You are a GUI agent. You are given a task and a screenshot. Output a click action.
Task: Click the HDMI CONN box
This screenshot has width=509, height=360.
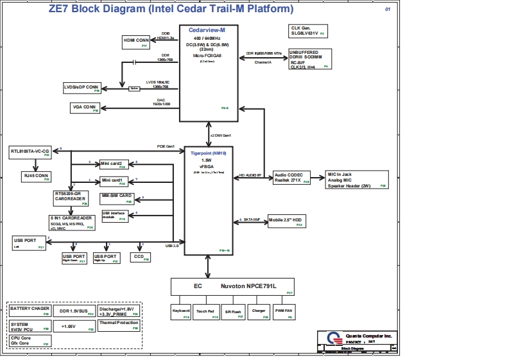(136, 42)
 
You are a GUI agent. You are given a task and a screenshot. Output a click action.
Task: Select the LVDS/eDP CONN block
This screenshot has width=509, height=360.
(82, 87)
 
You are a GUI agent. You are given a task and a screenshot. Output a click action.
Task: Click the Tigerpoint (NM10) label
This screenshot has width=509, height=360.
(209, 153)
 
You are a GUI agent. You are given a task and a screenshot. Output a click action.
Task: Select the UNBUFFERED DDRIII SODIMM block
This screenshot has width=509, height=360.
(310, 58)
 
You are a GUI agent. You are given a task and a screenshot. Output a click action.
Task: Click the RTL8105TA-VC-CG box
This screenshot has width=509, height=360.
(31, 152)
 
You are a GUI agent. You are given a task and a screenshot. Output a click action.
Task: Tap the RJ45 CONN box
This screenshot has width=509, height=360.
(37, 175)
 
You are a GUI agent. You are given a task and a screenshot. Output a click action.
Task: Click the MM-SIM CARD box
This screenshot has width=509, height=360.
(117, 198)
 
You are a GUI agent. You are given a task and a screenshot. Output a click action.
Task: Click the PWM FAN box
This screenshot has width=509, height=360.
(284, 313)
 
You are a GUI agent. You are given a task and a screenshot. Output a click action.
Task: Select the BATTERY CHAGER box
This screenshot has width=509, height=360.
(30, 311)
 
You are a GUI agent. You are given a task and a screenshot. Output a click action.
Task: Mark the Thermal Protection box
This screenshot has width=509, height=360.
(119, 325)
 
